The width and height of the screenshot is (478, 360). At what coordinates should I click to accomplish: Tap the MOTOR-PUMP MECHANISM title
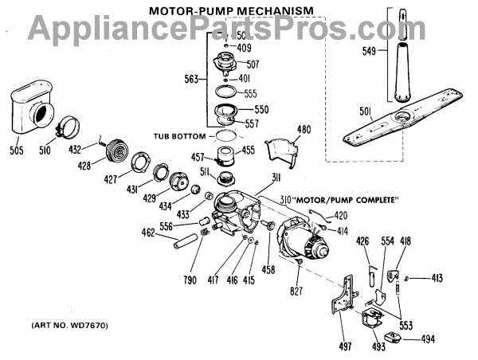coord(224,10)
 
